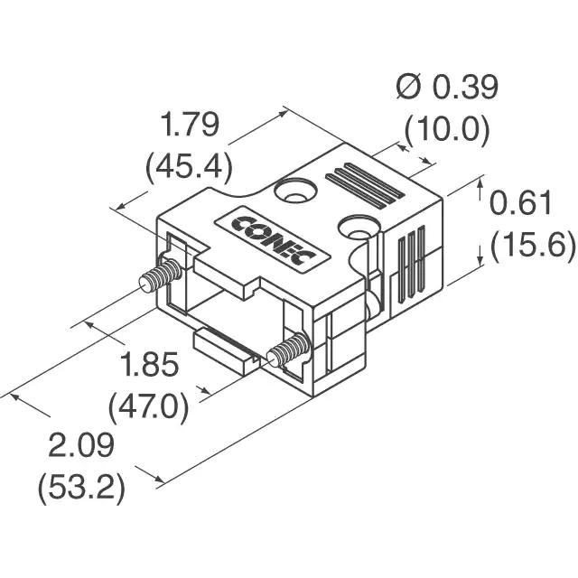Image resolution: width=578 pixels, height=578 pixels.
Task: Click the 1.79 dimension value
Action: [x=191, y=125]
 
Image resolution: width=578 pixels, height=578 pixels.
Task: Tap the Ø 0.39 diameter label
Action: [x=447, y=87]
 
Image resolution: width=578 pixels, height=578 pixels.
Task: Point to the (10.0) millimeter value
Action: [x=447, y=128]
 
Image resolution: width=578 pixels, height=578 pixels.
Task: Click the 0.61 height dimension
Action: [x=520, y=202]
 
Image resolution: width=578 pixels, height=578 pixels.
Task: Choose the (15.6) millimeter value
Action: [x=533, y=245]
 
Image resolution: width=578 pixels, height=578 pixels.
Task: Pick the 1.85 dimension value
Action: [x=150, y=365]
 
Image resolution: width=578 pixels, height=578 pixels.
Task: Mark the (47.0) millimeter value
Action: [x=148, y=407]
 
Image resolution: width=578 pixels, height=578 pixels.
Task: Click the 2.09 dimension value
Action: [x=81, y=445]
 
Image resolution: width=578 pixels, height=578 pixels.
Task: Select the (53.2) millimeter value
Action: [x=81, y=488]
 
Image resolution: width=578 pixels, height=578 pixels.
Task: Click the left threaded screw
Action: [x=161, y=275]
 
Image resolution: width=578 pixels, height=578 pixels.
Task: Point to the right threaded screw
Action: [x=289, y=350]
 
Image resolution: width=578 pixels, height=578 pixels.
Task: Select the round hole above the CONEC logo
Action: [x=295, y=191]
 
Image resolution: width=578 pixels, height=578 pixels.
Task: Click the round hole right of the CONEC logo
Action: [x=359, y=229]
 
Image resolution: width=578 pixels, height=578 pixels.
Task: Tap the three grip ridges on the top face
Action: [x=364, y=184]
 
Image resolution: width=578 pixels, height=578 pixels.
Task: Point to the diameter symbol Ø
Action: [x=409, y=87]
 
